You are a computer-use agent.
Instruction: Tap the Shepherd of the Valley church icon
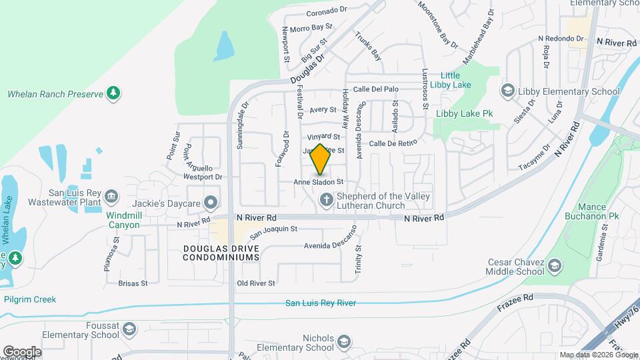coord(326,199)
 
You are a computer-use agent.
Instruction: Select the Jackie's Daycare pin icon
coord(211,201)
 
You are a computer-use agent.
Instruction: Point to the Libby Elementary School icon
coord(507,91)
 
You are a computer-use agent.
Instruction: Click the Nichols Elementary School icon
coord(343,343)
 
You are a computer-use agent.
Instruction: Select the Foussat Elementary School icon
coord(129,329)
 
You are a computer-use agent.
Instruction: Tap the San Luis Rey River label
coord(321,303)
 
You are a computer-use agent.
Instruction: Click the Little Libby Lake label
coord(453,80)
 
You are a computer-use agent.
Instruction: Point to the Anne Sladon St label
coord(319,181)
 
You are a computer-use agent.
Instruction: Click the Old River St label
coord(256,283)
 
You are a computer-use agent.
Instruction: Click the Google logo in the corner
coord(22,351)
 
